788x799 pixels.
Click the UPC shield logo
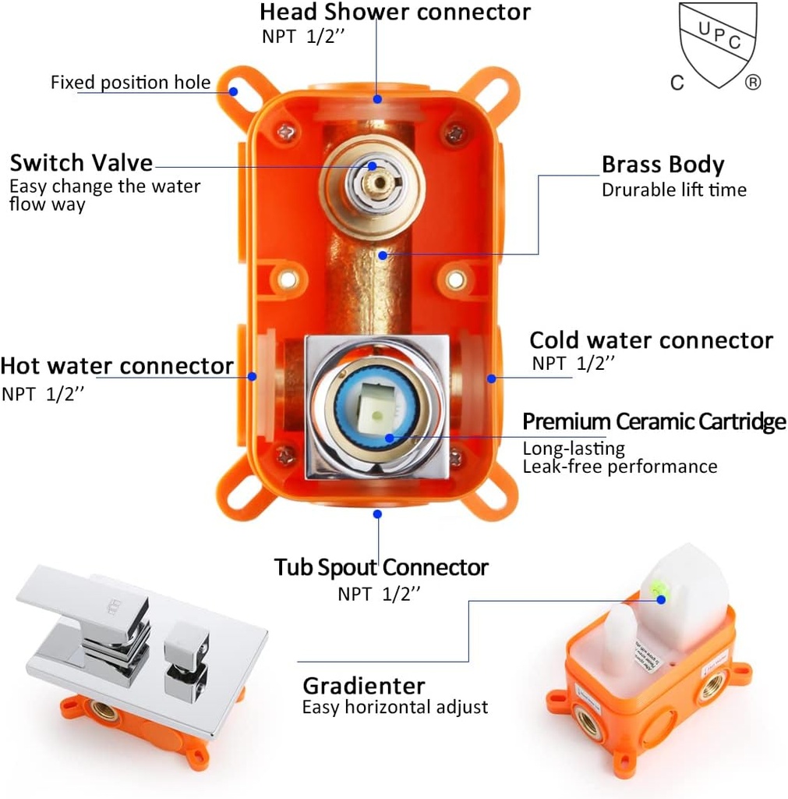pos(717,45)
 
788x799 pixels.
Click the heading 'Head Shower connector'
pos(394,12)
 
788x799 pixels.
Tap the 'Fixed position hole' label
pos(130,83)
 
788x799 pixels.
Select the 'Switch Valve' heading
pos(81,163)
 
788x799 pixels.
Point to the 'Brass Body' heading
pos(663,165)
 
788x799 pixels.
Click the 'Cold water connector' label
pos(651,341)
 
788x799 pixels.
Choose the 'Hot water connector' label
pos(117,366)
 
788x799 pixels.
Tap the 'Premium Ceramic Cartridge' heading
pos(653,422)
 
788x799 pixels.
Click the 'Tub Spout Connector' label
pos(380,567)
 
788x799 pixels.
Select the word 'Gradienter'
pos(364,686)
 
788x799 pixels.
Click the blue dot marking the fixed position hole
pos(232,91)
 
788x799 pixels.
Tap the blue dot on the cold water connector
pos(492,378)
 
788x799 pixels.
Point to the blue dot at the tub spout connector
pos(377,513)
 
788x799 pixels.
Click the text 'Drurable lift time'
pos(673,190)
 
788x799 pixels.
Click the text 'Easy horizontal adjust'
pos(394,708)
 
